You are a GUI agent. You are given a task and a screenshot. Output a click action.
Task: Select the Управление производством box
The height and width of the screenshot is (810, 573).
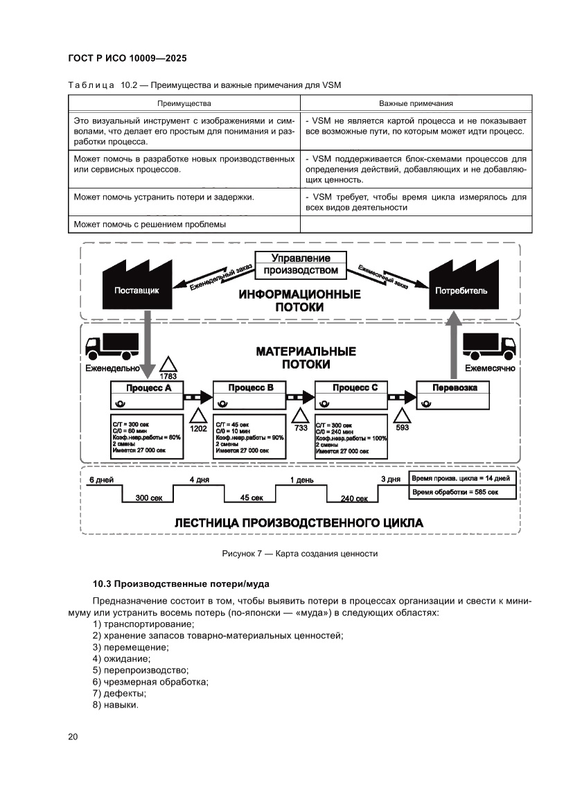click(299, 264)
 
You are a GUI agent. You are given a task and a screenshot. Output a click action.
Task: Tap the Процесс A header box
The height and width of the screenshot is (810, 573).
click(148, 388)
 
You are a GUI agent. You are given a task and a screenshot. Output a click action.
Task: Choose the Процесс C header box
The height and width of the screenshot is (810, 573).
click(351, 388)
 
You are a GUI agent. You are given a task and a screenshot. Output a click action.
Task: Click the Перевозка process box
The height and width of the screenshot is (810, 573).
click(454, 388)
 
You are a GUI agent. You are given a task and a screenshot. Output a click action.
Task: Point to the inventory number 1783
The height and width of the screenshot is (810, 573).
click(168, 376)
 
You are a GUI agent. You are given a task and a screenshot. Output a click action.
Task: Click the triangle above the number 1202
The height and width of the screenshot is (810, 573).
click(198, 416)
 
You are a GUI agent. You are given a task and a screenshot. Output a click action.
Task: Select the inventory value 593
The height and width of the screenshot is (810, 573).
click(402, 428)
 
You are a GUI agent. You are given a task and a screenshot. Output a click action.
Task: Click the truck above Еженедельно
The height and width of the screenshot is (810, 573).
click(111, 346)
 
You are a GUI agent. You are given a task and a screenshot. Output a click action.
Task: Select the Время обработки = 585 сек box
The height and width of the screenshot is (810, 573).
click(463, 491)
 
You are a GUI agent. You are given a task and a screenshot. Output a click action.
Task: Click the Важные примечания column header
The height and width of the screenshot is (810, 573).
click(416, 103)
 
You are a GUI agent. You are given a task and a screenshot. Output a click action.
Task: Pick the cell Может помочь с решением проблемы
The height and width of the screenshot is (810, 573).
click(150, 224)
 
